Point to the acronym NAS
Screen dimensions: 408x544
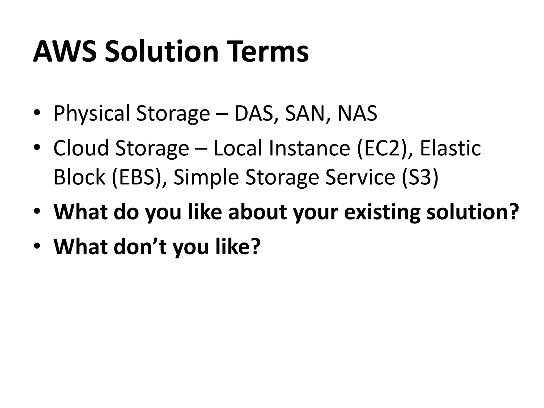(x=357, y=113)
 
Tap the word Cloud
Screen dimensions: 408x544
(x=81, y=148)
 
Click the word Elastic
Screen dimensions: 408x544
(x=450, y=148)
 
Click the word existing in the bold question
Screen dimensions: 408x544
(x=382, y=212)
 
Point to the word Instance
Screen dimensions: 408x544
(x=309, y=148)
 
